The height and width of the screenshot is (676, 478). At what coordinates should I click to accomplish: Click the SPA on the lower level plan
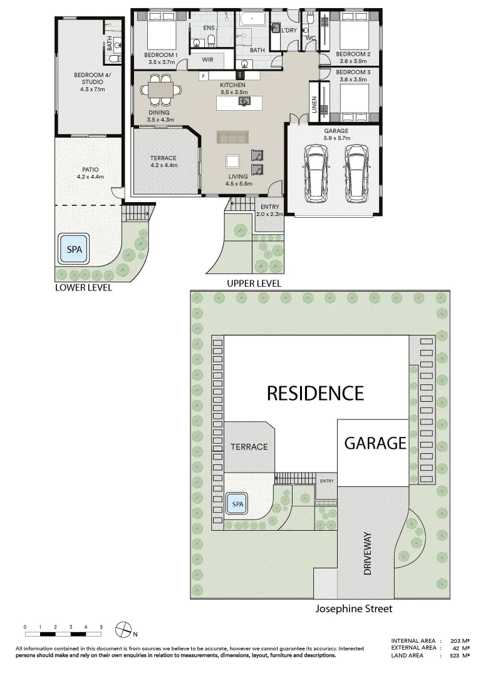click(74, 249)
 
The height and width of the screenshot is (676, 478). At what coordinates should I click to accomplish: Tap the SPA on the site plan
click(237, 503)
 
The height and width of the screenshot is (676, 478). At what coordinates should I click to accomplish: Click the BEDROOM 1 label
click(160, 54)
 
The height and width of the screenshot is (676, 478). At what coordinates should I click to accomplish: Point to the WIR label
click(207, 59)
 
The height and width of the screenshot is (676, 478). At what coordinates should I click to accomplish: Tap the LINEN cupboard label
click(314, 105)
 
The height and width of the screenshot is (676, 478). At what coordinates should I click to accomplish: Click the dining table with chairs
click(160, 90)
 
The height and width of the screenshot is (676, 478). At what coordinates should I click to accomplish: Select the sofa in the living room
click(232, 138)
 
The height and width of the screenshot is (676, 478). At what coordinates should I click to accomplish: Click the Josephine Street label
click(354, 609)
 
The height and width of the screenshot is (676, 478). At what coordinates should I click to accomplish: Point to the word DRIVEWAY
click(367, 553)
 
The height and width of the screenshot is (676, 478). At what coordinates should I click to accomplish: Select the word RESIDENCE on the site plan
click(315, 393)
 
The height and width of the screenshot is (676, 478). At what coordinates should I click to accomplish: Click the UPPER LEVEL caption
click(254, 284)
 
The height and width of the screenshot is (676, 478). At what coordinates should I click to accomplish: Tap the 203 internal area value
click(455, 641)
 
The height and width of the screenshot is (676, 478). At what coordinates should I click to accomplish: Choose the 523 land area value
click(455, 655)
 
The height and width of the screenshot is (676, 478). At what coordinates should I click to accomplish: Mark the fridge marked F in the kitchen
click(204, 76)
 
